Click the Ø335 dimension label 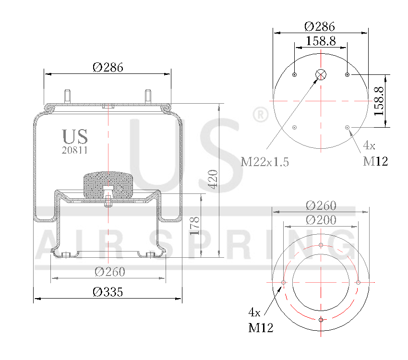108,291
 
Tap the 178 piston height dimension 194,226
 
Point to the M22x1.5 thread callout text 265,162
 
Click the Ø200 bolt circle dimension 321,220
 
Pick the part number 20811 75,150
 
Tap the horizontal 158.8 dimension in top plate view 321,41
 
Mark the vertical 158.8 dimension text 380,101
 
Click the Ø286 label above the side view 108,67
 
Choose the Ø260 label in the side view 109,272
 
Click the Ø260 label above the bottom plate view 321,205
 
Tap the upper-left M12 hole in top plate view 295,74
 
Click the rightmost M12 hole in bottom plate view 358,282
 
